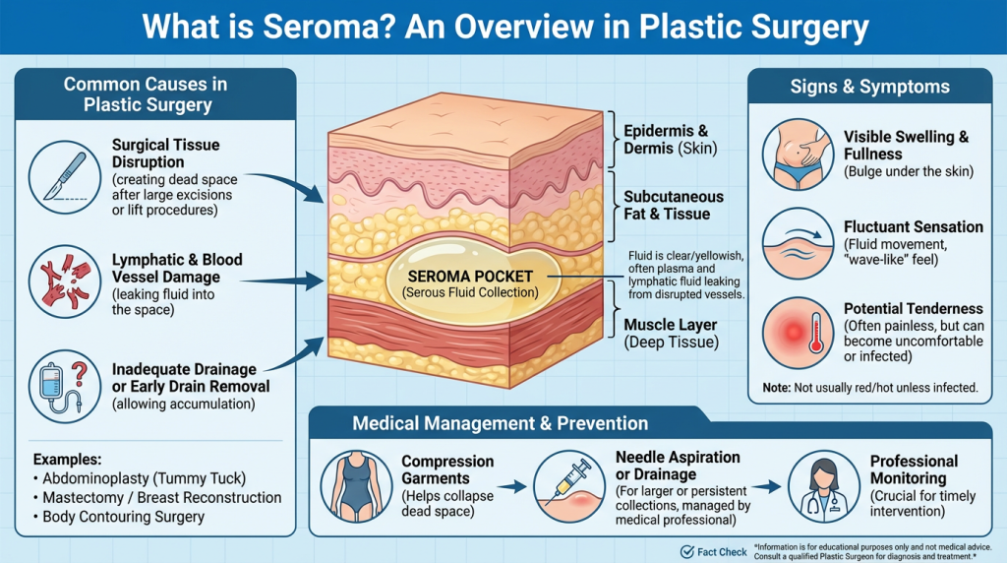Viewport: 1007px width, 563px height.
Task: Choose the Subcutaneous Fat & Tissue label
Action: [674, 206]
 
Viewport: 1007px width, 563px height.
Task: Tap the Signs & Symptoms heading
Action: [869, 87]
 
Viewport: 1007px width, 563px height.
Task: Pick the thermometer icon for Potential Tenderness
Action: [799, 332]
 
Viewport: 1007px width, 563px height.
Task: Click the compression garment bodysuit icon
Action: [356, 485]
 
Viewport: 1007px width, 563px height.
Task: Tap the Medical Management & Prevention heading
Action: [502, 424]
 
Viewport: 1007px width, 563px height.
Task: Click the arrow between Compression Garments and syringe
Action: [510, 486]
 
